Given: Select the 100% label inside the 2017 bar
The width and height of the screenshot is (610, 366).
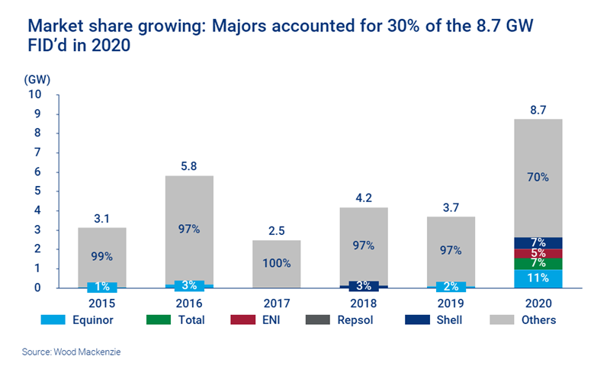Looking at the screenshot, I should [x=277, y=263].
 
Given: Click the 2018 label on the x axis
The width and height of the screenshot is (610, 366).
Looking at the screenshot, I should [x=364, y=302].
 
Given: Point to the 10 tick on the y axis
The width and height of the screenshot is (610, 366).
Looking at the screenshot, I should [x=34, y=95].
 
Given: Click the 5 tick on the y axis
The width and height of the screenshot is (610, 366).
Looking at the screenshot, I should [x=37, y=191].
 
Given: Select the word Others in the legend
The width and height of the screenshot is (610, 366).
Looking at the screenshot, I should [x=538, y=320].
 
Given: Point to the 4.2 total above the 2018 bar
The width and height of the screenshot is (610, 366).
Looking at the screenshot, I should [x=364, y=197].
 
